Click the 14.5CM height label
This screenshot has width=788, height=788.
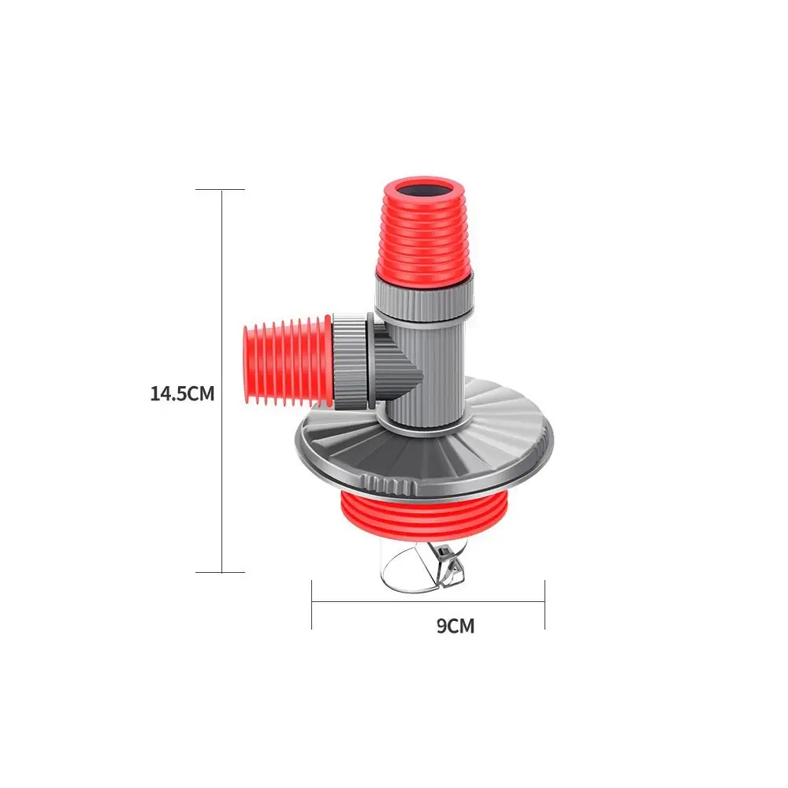(182, 393)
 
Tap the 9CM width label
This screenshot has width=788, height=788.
(455, 626)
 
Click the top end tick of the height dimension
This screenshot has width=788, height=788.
(221, 190)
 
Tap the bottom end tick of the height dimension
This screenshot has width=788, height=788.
(221, 572)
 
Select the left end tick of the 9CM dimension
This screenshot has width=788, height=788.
(312, 604)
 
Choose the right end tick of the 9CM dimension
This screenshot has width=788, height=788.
(544, 604)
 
